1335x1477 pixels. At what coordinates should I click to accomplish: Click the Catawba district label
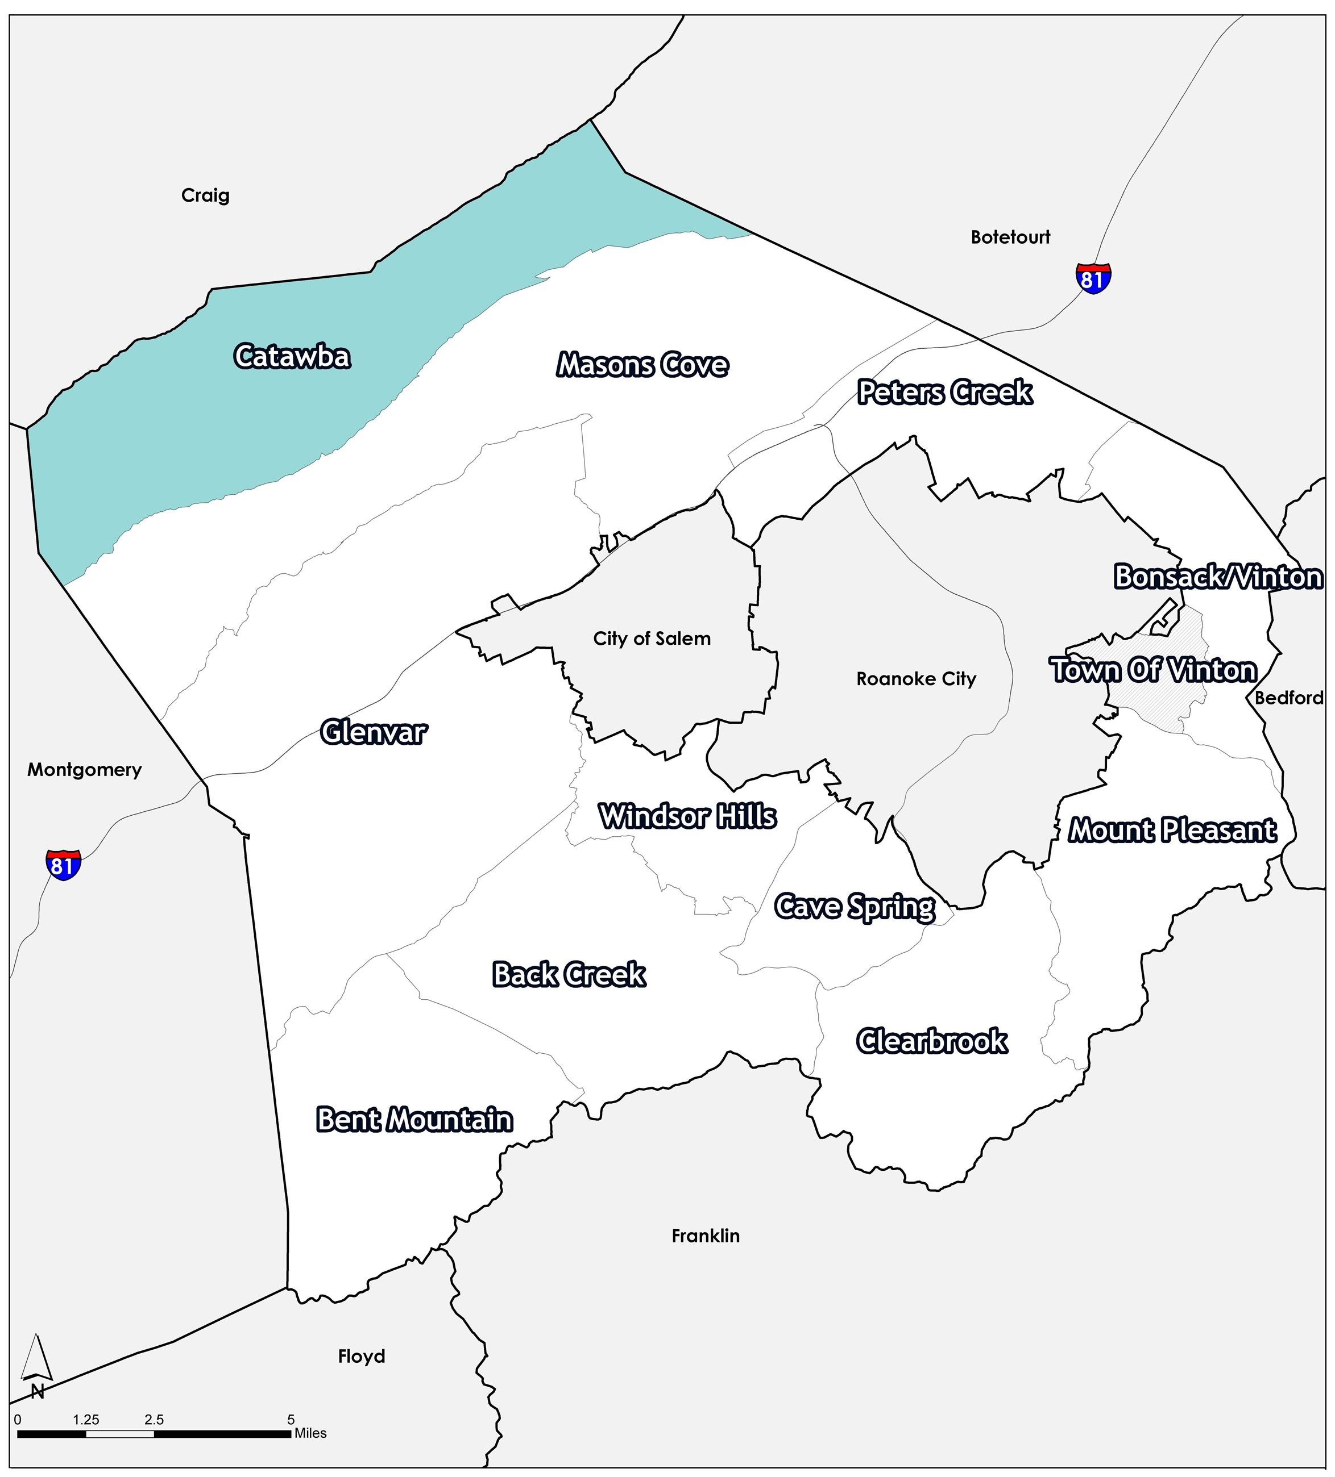(x=292, y=357)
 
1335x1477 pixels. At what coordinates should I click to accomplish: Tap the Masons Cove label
(x=642, y=365)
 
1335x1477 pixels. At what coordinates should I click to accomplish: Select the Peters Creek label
(x=945, y=393)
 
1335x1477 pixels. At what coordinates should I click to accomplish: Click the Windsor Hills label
(x=687, y=816)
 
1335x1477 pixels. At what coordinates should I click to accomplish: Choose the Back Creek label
(x=569, y=974)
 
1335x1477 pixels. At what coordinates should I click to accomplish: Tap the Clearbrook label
(x=932, y=1041)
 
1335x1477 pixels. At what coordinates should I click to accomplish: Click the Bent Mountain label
(x=414, y=1120)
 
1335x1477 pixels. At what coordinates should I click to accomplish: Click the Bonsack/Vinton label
(x=1218, y=577)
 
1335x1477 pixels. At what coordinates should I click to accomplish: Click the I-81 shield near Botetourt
(x=1093, y=278)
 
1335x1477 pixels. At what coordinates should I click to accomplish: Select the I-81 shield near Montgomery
(x=63, y=865)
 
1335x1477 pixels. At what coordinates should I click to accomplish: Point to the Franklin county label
(x=705, y=1236)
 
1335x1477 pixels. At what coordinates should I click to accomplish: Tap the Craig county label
(x=205, y=195)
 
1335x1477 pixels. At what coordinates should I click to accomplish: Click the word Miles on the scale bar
(x=310, y=1433)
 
